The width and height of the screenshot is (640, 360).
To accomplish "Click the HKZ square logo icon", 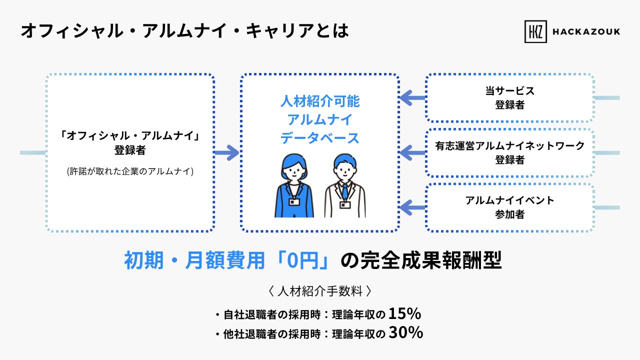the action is click(535, 31).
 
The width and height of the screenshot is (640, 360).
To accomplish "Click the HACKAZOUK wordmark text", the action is click(586, 31).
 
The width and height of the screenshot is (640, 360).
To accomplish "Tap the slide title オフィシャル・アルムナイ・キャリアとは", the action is click(185, 30).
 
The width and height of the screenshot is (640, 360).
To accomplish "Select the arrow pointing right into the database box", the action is click(227, 152).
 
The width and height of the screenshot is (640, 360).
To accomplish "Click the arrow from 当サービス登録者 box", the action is click(412, 97).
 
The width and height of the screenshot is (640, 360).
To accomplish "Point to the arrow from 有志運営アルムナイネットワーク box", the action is click(412, 152).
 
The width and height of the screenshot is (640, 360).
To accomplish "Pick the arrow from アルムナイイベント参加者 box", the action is click(412, 207).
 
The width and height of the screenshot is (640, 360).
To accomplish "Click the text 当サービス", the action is click(509, 91).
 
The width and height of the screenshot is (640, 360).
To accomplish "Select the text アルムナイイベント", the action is click(509, 200).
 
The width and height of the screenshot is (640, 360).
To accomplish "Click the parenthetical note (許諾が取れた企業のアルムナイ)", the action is click(130, 171).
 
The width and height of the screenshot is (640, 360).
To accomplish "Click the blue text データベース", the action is click(319, 138).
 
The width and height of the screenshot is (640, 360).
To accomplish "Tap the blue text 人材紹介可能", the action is click(319, 101).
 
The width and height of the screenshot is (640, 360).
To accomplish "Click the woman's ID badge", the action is click(294, 202).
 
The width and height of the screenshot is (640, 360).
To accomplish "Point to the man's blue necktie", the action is click(345, 191).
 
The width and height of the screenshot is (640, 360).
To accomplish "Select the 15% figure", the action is click(404, 313).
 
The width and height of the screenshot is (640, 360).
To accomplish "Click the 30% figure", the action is click(406, 332).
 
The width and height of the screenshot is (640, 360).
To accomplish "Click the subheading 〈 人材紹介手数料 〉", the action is click(320, 291).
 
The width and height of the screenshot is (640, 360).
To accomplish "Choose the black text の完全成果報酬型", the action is click(421, 260).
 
